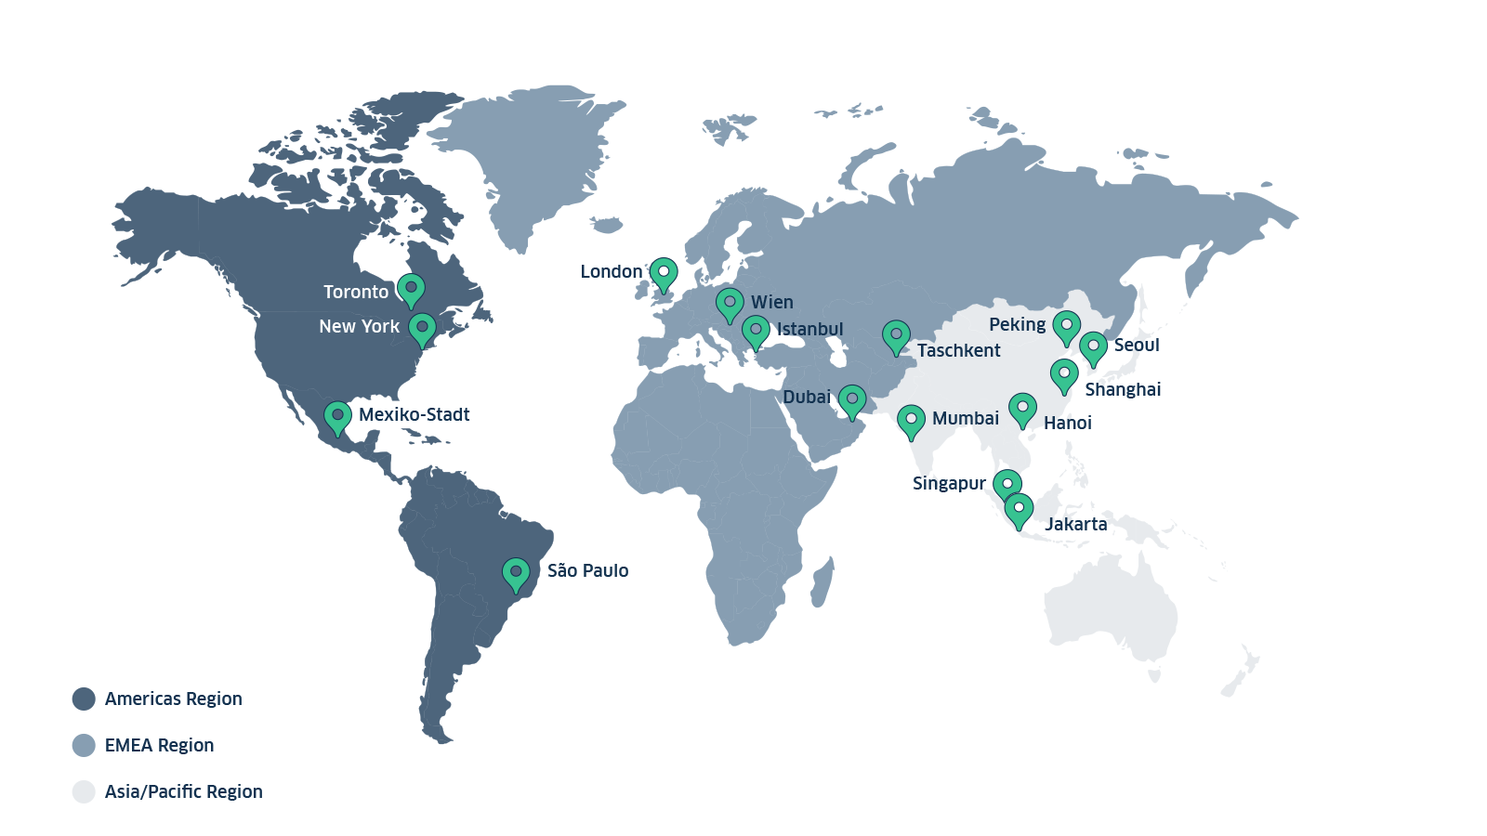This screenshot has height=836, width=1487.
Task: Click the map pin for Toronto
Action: point(411,288)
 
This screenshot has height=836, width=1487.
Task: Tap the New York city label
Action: point(359,326)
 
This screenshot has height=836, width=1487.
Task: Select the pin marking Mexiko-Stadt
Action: point(337,415)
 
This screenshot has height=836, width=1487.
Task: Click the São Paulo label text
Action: point(587,570)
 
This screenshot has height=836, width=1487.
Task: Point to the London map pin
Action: point(664,272)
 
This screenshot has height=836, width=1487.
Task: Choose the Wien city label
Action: point(771,302)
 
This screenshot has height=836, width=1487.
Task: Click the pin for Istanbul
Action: point(756,330)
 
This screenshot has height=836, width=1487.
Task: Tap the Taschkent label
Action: point(958,350)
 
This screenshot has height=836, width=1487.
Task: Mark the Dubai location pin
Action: point(851,399)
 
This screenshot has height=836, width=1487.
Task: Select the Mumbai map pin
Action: point(911,419)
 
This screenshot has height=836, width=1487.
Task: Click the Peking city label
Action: point(1017,324)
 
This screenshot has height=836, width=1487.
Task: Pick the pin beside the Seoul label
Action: point(1093,346)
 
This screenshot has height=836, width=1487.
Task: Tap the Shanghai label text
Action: point(1123,389)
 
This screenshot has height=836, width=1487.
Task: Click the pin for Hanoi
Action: point(1022,407)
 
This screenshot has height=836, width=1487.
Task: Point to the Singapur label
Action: point(949,483)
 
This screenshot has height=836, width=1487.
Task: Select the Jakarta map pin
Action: point(1019,508)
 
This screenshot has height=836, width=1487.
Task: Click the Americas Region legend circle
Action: point(84,699)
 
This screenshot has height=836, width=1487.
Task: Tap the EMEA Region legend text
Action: point(159,745)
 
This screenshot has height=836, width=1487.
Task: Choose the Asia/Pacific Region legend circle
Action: point(84,791)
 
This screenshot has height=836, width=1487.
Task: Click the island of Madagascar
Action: point(822,582)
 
